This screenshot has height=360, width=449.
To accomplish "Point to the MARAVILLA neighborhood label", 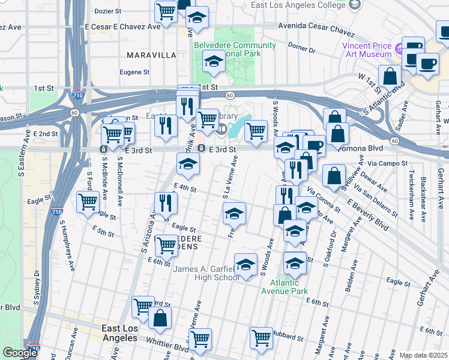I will tap(151, 55).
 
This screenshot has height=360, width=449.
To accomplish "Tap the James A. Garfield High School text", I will tap(206, 273).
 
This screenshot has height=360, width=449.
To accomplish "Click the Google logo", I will tap(20, 353).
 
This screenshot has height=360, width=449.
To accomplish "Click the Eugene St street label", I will tap(134, 72).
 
